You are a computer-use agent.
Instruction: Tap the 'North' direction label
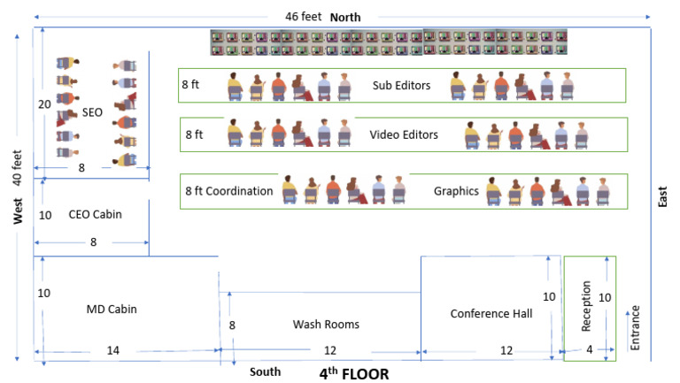click(345, 17)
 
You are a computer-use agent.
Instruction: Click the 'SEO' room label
click(93, 113)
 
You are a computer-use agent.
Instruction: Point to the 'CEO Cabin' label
click(95, 214)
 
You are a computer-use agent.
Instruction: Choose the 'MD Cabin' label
click(111, 309)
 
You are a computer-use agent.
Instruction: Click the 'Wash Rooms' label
click(326, 325)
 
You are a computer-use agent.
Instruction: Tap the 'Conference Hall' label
click(491, 313)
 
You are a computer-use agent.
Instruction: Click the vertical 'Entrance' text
click(634, 327)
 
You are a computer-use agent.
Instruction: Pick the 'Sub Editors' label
click(401, 86)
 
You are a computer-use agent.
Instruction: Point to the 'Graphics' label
click(456, 190)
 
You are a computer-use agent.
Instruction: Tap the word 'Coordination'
click(241, 190)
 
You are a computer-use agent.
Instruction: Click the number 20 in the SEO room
click(43, 103)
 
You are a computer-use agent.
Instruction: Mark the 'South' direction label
click(265, 371)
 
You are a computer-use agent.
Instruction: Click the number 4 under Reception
click(591, 350)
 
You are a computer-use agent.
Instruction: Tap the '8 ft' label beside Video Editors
click(194, 135)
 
